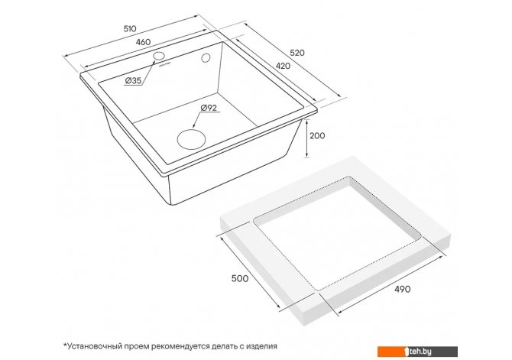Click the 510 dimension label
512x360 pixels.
130,29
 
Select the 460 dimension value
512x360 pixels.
144,42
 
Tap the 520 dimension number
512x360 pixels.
297,53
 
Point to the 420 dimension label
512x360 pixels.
283,66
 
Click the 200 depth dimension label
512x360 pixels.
317,135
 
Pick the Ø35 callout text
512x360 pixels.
133,80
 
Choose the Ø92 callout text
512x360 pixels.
209,108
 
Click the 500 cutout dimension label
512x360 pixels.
240,278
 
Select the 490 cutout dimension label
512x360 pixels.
403,289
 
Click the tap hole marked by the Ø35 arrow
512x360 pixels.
159,56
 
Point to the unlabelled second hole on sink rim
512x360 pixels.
206,58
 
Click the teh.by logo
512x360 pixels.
418,352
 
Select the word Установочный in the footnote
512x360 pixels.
94,346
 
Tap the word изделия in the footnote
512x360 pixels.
261,346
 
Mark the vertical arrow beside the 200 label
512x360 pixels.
307,138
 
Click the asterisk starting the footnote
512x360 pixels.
65,344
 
